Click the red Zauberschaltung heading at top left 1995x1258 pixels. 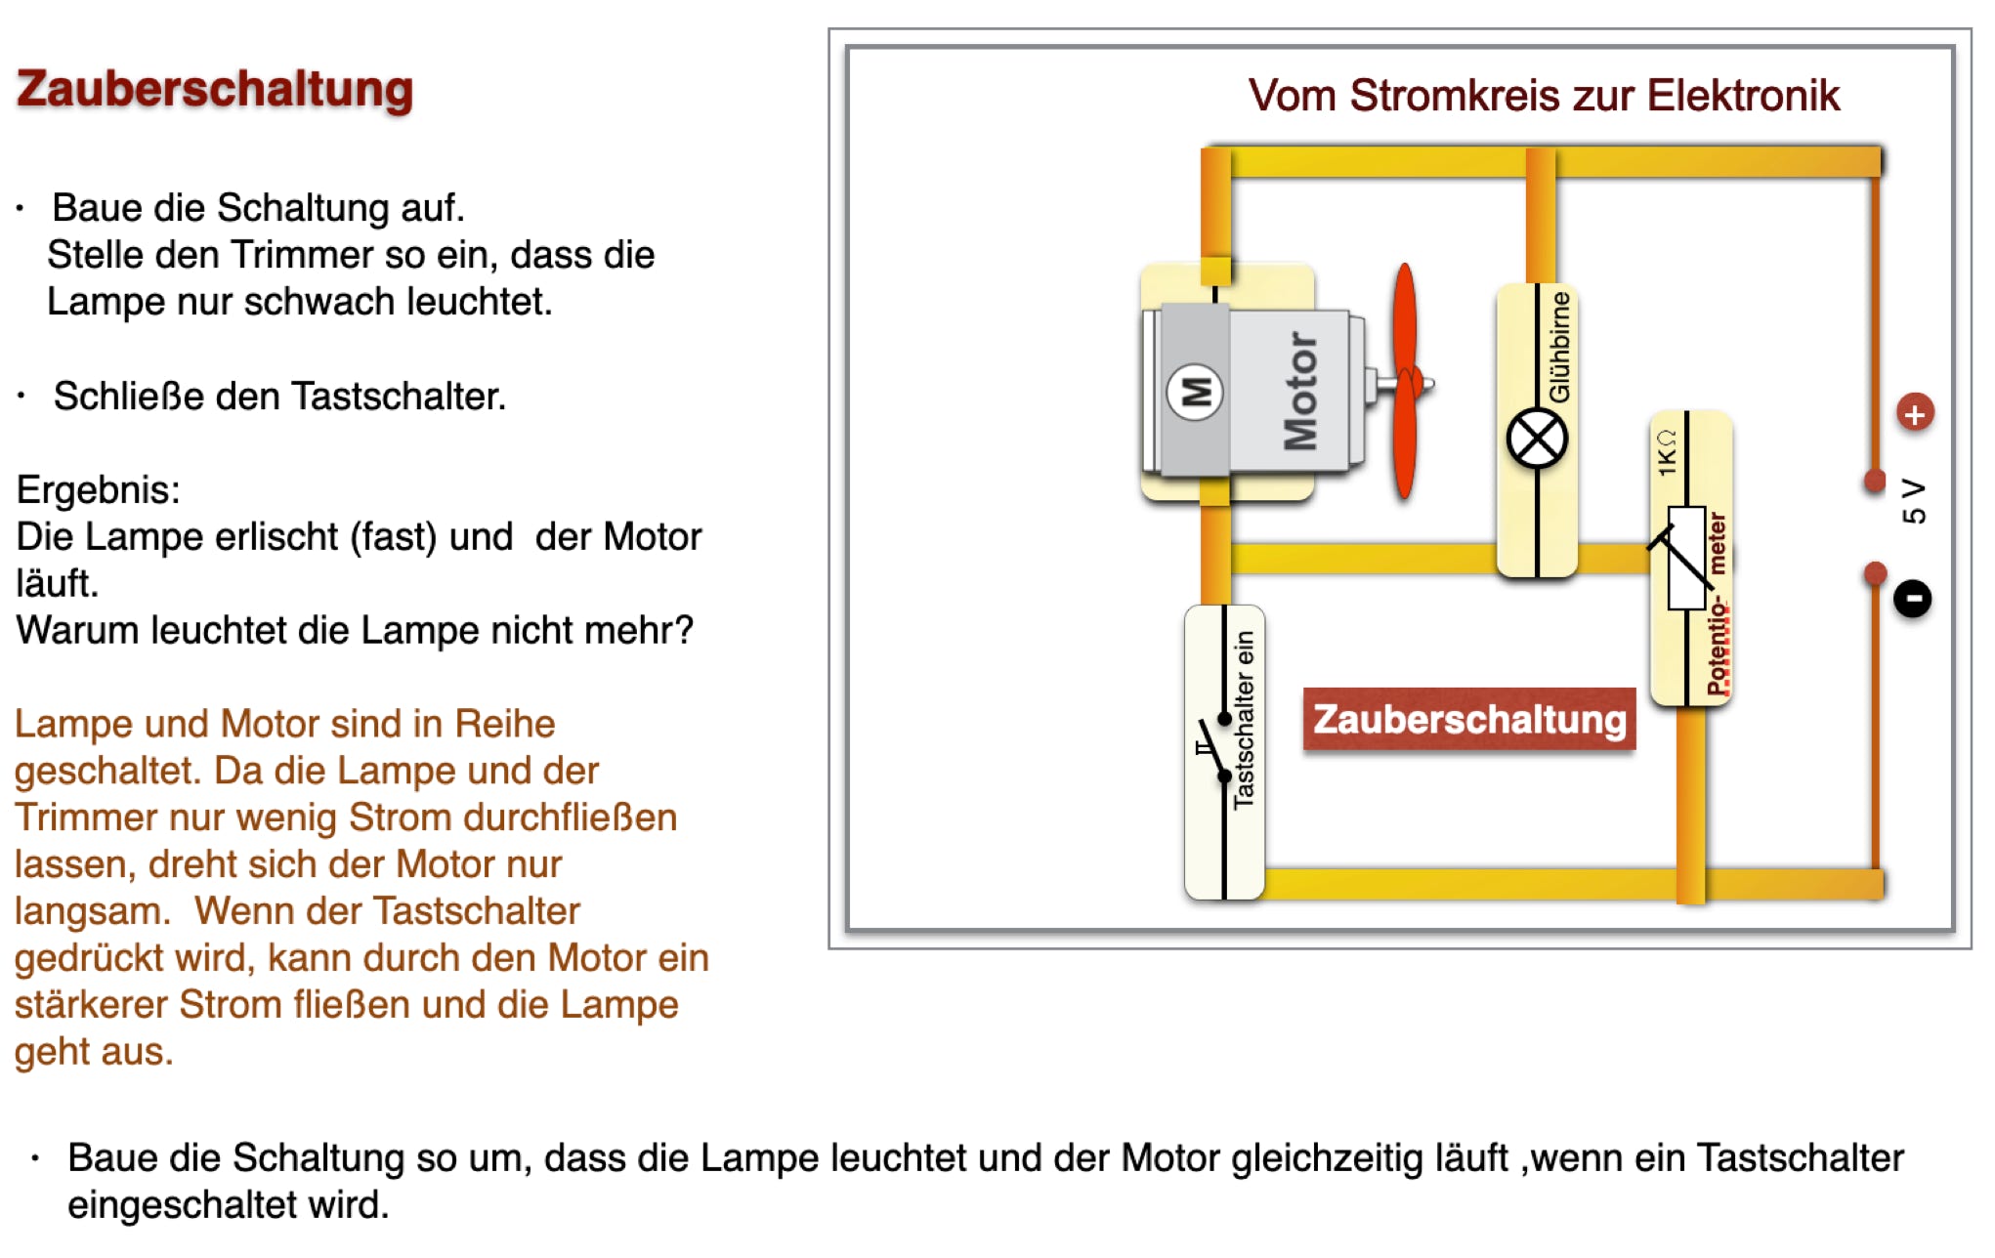pos(215,90)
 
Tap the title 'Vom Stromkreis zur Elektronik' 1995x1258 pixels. pos(1544,96)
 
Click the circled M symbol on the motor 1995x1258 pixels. pos(1195,392)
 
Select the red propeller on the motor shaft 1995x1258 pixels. pos(1405,381)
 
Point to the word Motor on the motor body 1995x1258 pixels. pos(1300,391)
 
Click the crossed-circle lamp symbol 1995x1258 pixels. pos(1537,440)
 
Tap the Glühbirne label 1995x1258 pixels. pos(1560,346)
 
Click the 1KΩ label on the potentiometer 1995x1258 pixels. pos(1667,452)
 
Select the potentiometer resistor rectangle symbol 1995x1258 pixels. pos(1686,558)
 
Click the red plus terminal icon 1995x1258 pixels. pos(1915,413)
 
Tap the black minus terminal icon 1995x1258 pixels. pos(1913,598)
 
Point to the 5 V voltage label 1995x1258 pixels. pos(1914,500)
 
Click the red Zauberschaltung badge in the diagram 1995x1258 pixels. pos(1468,720)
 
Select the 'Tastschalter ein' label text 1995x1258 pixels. pos(1244,720)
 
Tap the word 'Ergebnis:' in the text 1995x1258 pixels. pos(99,489)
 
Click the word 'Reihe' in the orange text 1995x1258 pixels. pos(505,724)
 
